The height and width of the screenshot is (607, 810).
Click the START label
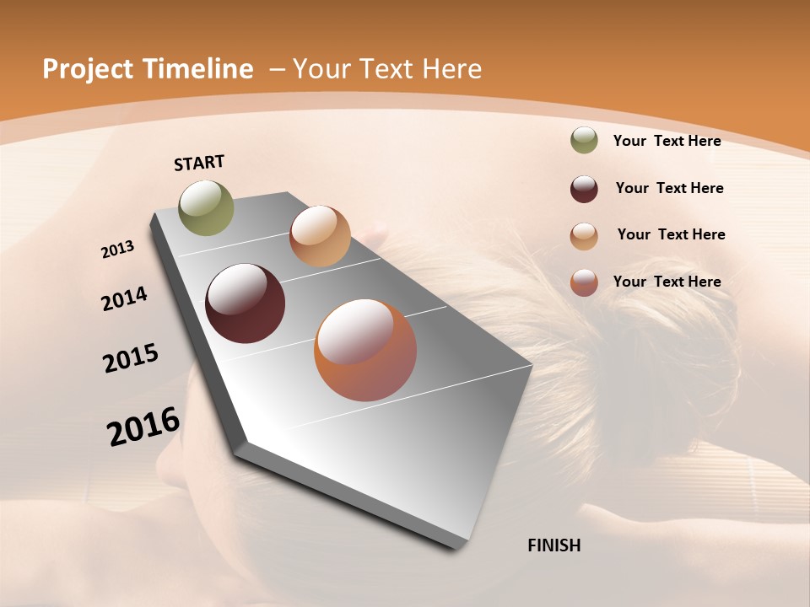click(199, 163)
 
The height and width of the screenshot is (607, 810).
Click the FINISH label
click(554, 545)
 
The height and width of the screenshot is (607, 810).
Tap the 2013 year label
click(117, 250)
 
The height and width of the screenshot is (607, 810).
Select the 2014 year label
click(124, 299)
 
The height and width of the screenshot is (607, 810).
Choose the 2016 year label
click(143, 427)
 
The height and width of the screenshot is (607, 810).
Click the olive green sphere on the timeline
click(207, 207)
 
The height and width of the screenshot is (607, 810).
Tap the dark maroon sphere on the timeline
click(245, 303)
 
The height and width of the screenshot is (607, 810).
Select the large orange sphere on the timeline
click(365, 350)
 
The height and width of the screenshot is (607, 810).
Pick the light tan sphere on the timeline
click(320, 236)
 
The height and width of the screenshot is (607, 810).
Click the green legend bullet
click(584, 141)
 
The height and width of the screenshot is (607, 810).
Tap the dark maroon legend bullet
click(584, 189)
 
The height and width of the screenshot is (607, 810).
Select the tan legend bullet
click(584, 236)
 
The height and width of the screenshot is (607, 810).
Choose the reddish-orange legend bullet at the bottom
click(584, 282)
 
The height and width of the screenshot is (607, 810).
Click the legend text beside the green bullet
click(667, 141)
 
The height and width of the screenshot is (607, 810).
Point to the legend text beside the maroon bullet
click(669, 188)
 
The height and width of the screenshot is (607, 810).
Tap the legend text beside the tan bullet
click(671, 234)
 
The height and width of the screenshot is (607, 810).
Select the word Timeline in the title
click(198, 69)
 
